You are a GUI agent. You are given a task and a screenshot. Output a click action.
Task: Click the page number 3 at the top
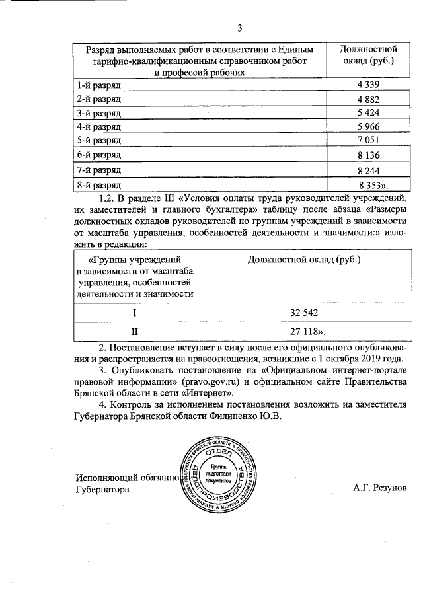(241, 27)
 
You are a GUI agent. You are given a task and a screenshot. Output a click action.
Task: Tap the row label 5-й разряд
(99, 140)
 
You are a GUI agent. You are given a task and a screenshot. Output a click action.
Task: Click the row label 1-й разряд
(99, 85)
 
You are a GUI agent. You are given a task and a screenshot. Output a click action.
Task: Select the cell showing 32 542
(303, 311)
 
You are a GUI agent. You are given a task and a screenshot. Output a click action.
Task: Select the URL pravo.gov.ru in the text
(224, 382)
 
